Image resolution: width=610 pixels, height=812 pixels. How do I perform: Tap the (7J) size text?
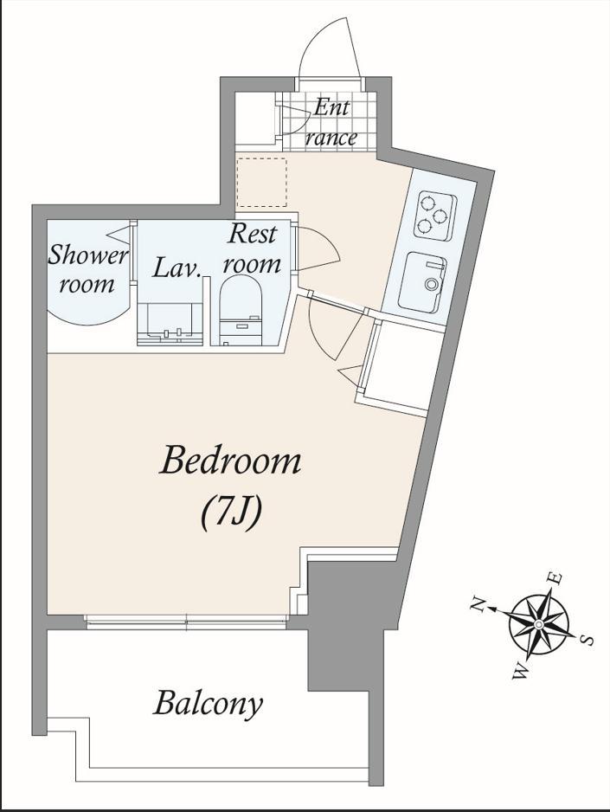click(x=229, y=512)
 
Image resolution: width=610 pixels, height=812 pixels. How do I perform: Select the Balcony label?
click(x=208, y=704)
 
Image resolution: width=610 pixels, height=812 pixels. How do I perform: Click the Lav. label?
click(x=177, y=268)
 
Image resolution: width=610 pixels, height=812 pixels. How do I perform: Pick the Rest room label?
click(x=252, y=249)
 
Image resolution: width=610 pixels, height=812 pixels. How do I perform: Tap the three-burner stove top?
click(x=434, y=216)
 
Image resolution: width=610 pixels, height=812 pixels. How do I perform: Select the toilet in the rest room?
click(x=241, y=310)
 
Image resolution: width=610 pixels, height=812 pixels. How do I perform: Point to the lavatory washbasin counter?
click(x=170, y=324)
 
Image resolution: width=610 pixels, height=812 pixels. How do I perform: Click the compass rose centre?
click(x=538, y=624)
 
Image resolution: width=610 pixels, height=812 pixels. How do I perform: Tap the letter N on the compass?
click(x=478, y=604)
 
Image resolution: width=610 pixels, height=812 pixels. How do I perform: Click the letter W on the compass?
click(x=521, y=672)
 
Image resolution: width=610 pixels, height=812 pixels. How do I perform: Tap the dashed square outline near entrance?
click(x=261, y=183)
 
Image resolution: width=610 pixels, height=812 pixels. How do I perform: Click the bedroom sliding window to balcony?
click(x=186, y=621)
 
